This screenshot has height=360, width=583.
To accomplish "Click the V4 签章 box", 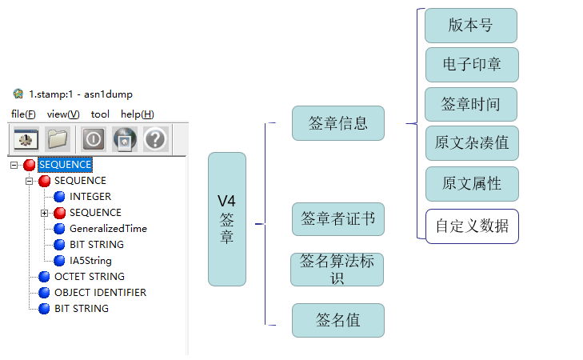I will click(x=226, y=219).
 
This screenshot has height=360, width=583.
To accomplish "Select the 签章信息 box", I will click(x=338, y=123).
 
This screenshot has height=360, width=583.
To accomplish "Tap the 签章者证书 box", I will click(x=338, y=219).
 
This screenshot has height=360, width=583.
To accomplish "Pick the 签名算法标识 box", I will click(x=337, y=270).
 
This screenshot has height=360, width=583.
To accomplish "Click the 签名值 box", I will click(x=338, y=320).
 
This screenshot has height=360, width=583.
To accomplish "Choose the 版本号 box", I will click(x=471, y=26).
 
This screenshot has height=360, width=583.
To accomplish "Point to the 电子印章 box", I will click(x=471, y=65).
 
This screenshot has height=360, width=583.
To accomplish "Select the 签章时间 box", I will click(x=471, y=104).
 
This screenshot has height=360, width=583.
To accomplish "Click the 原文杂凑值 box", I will click(x=472, y=143).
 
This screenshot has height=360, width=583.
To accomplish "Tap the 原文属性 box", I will click(x=472, y=183).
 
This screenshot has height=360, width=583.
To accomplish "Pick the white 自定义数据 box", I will click(x=472, y=226).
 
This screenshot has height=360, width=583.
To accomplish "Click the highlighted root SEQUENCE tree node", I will click(x=64, y=165).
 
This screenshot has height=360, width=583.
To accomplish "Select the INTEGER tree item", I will click(x=90, y=197).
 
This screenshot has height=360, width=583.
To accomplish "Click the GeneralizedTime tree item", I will click(x=108, y=229).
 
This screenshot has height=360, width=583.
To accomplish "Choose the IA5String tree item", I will click(x=90, y=261).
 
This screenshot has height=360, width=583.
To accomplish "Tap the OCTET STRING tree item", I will click(x=89, y=277).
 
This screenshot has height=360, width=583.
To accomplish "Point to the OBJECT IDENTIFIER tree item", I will click(x=100, y=293).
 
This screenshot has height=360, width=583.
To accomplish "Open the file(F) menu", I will click(x=23, y=114).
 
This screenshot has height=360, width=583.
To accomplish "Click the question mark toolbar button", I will click(x=155, y=139).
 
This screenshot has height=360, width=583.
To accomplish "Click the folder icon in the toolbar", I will click(x=58, y=139).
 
